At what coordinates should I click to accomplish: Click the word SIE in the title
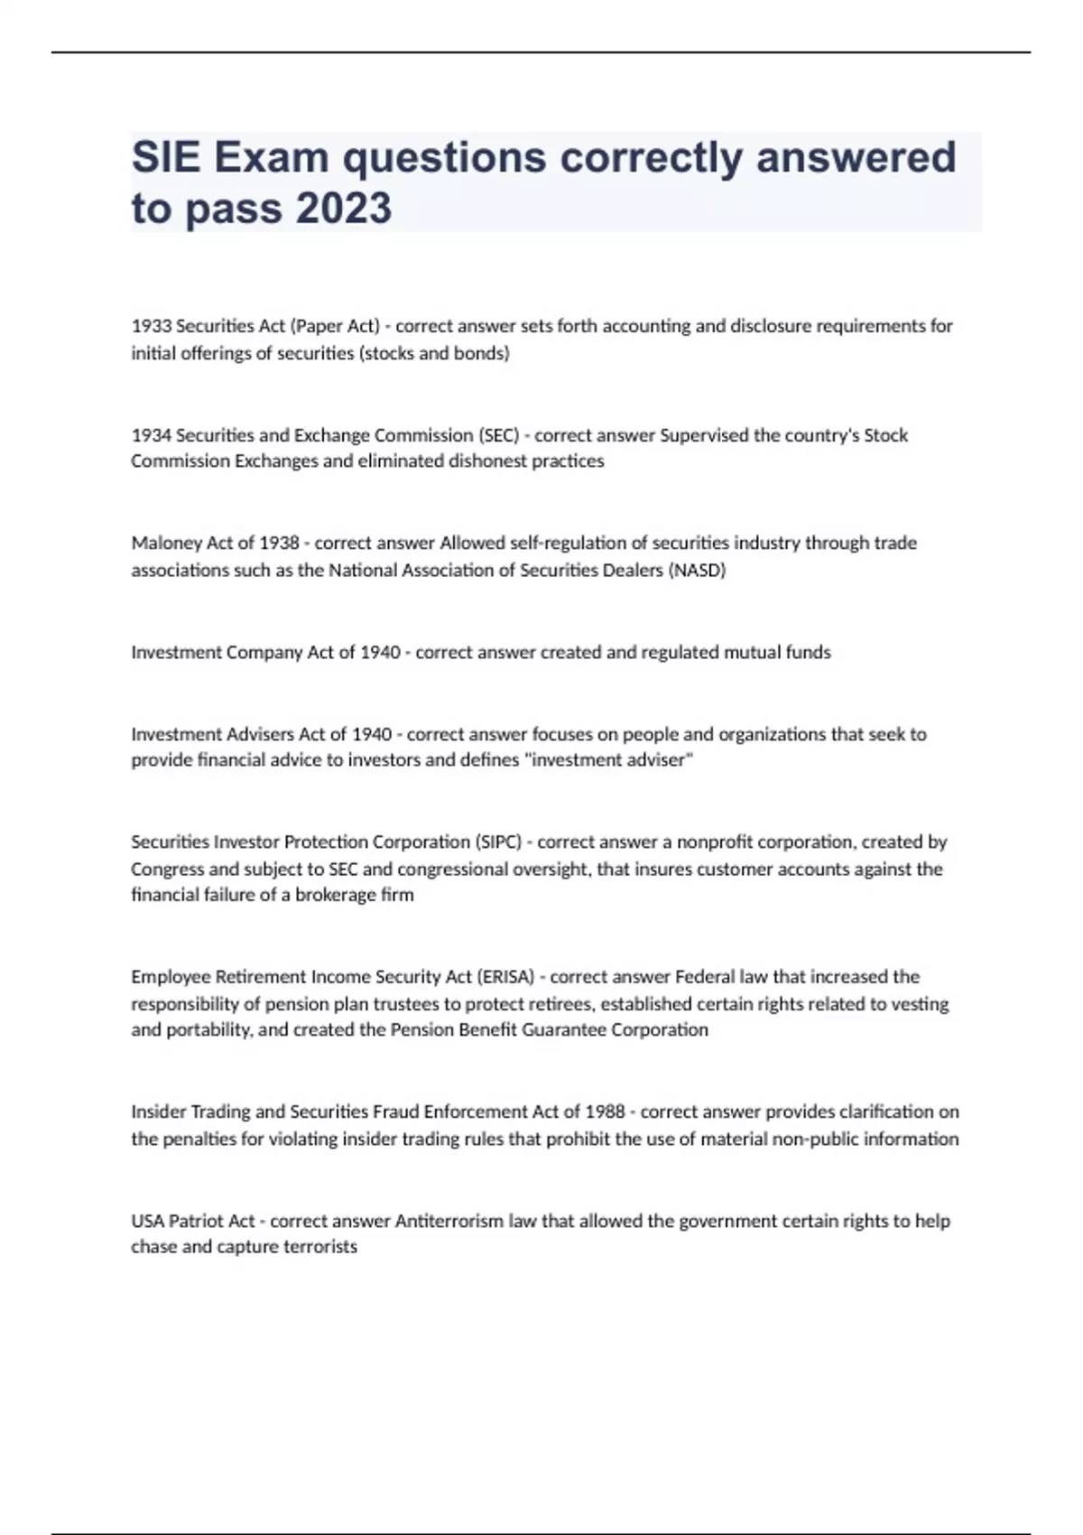(166, 158)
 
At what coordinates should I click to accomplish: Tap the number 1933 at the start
(151, 326)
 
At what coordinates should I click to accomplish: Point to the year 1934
(151, 435)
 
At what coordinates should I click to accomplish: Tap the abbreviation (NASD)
(697, 571)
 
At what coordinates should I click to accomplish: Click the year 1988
(605, 1112)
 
